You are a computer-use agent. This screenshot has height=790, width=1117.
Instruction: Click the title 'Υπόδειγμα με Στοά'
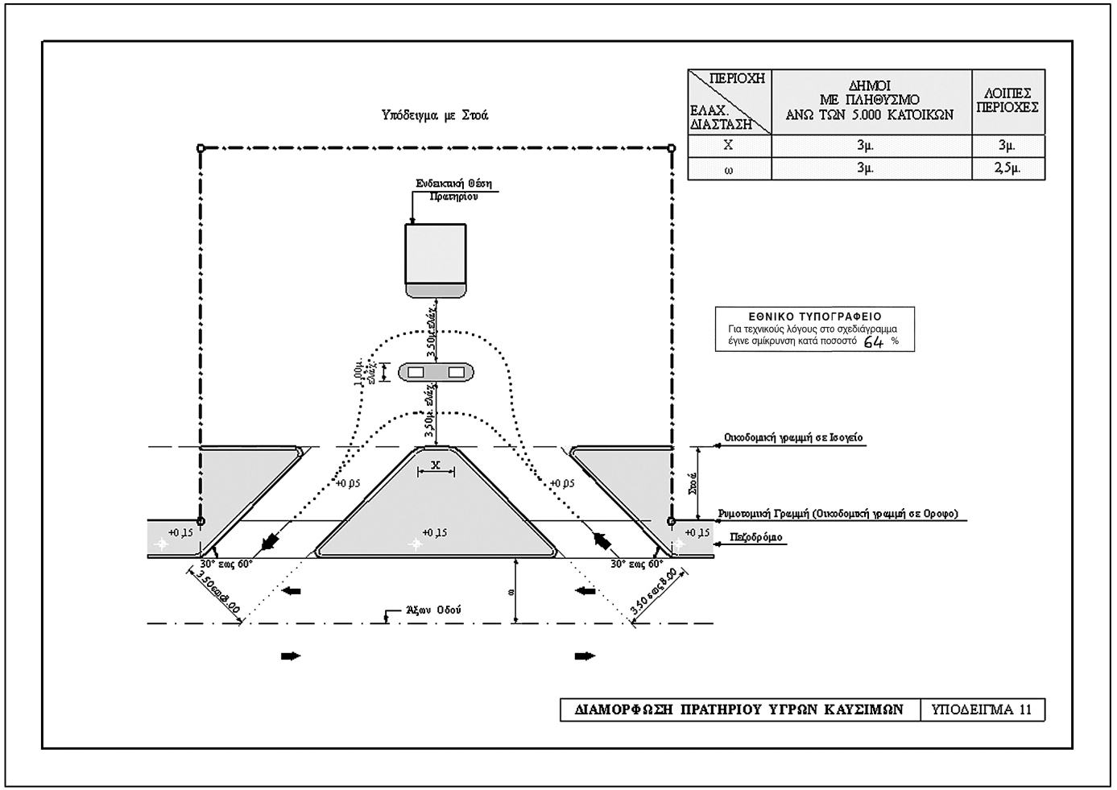[435, 115]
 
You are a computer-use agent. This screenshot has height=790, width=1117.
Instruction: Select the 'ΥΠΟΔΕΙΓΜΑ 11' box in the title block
[981, 709]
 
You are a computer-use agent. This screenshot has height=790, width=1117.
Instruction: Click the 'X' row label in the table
[729, 146]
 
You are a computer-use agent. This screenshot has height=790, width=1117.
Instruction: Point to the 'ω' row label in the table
[729, 169]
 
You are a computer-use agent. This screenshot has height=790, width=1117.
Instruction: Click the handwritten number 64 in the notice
[873, 341]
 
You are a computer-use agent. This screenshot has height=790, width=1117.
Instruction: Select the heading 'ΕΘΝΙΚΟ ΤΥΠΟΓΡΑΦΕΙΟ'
[814, 316]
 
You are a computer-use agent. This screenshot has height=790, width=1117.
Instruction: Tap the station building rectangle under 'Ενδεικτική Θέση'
[436, 259]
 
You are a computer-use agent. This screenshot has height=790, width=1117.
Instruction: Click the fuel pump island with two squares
[436, 372]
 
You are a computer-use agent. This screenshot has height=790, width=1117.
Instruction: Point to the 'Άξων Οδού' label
[432, 610]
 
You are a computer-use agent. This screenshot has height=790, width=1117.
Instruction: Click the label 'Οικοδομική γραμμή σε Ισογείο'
[792, 437]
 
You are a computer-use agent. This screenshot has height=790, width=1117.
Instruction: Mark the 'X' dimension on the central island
[435, 465]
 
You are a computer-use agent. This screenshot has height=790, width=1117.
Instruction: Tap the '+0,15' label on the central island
[434, 532]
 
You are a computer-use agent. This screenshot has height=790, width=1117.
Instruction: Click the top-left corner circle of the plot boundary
[201, 148]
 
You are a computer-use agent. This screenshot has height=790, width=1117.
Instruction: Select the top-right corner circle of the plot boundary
[672, 148]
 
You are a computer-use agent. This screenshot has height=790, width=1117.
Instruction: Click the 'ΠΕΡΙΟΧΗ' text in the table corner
[736, 79]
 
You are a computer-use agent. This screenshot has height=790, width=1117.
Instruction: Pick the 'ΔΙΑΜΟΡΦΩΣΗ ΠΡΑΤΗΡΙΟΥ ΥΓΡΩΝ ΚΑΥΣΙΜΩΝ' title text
[739, 709]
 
